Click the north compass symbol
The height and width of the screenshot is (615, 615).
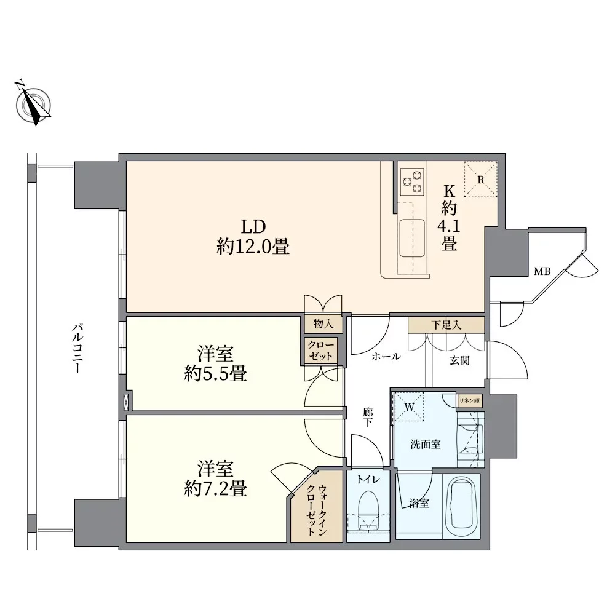click(x=33, y=103)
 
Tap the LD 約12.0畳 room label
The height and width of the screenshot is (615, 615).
click(x=253, y=237)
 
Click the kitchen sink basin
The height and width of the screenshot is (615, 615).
click(x=412, y=238)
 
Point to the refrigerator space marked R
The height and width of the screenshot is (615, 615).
click(x=481, y=179)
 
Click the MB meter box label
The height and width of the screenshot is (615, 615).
click(x=542, y=271)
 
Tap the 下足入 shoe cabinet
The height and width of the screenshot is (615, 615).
click(x=446, y=325)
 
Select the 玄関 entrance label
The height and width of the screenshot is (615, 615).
click(x=459, y=360)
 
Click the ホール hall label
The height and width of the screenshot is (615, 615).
click(x=386, y=357)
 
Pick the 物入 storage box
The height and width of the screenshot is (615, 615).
click(x=323, y=324)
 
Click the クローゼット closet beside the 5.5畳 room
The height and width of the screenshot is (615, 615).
click(x=320, y=351)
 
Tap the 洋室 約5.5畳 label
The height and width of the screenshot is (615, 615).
click(x=215, y=363)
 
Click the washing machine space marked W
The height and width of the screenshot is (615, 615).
click(x=409, y=407)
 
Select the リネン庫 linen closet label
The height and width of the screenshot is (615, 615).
click(x=469, y=401)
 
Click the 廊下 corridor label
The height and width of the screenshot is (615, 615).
click(x=368, y=417)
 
